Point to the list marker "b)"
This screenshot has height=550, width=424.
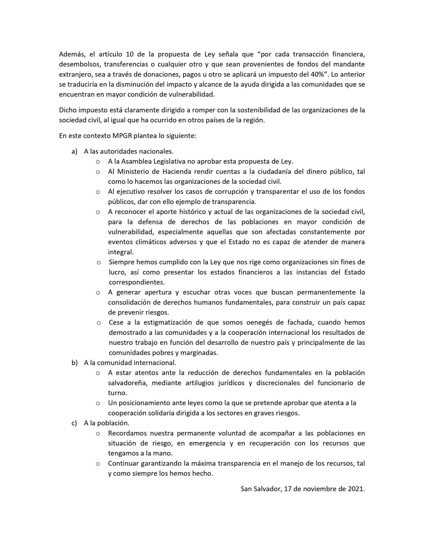click(x=74, y=363)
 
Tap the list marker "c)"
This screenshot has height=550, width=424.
click(x=74, y=423)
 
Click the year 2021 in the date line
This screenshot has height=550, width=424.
click(x=355, y=489)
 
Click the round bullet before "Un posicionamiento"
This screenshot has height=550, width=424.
click(x=98, y=403)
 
